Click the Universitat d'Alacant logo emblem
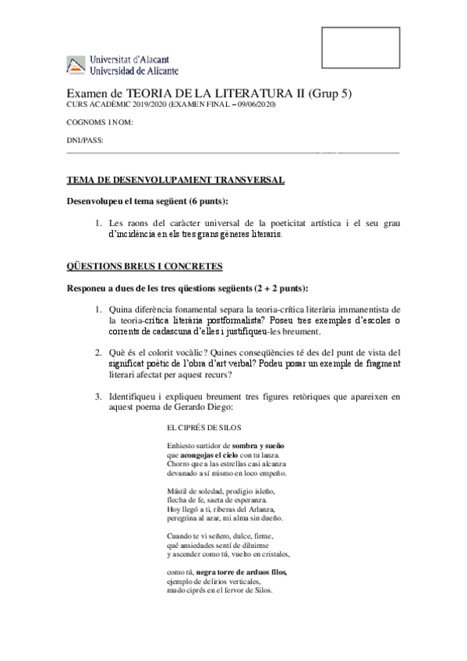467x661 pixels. pyautogui.click(x=76, y=66)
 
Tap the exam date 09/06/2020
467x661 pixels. pyautogui.click(x=255, y=106)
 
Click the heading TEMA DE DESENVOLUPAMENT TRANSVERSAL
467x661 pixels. pyautogui.click(x=175, y=181)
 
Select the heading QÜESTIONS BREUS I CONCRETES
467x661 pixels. pyautogui.click(x=145, y=267)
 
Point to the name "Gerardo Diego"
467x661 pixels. pyautogui.click(x=207, y=407)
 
